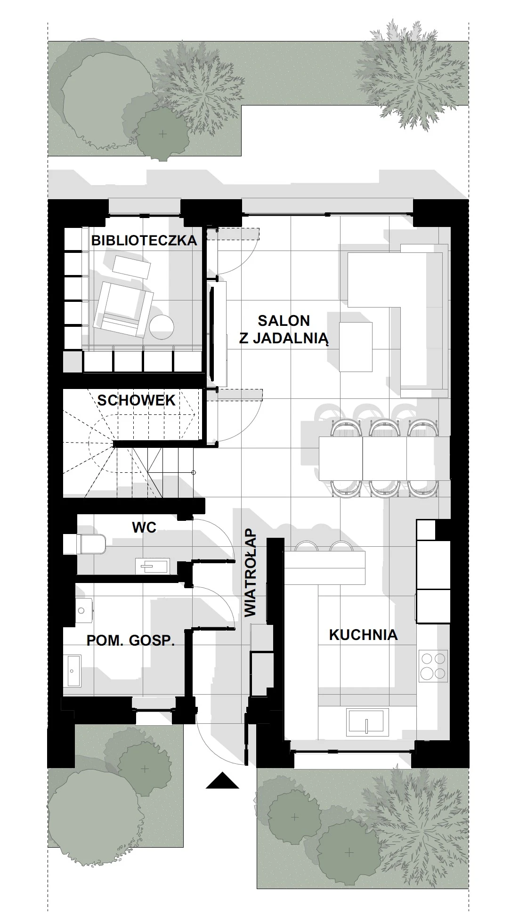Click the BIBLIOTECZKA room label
tap(144, 240)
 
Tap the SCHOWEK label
tap(136, 400)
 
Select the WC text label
tap(144, 527)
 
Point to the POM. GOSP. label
tap(130, 640)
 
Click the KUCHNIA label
tap(363, 635)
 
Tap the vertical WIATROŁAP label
tap(251, 573)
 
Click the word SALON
tap(284, 321)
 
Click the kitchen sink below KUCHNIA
tap(367, 722)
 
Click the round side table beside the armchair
tap(162, 326)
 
